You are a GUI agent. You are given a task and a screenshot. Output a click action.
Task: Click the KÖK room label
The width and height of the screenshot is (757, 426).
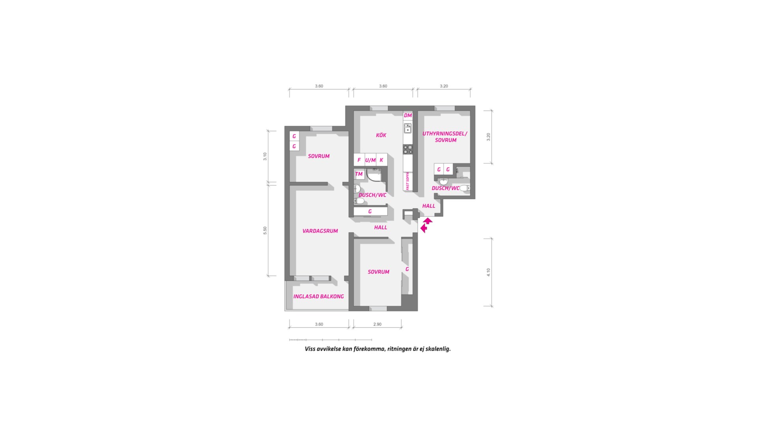[x=381, y=135]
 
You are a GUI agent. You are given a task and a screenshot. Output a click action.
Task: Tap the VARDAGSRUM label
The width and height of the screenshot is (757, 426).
[x=320, y=231]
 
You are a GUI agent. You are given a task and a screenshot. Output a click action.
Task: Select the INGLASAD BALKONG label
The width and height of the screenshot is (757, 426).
[x=319, y=297]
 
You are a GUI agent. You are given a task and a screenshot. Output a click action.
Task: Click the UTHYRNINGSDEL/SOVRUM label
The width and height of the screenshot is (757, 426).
[x=445, y=137]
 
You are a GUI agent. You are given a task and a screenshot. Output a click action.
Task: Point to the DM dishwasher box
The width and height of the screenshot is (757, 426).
[x=408, y=116]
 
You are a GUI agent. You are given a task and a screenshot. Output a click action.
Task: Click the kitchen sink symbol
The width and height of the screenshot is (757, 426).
[x=408, y=128]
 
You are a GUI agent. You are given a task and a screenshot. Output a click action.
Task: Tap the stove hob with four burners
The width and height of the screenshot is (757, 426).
[x=408, y=149]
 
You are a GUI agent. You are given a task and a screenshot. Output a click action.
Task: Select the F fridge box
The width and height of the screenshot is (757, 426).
[x=359, y=160]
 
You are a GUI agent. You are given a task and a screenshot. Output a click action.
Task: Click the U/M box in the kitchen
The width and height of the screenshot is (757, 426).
[x=370, y=160]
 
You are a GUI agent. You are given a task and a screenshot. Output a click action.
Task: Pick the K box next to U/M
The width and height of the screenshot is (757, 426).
[x=381, y=160]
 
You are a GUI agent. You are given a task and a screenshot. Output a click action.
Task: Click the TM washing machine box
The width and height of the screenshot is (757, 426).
[x=359, y=174]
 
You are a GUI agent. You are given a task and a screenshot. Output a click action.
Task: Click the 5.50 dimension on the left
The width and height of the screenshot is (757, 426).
[x=265, y=230]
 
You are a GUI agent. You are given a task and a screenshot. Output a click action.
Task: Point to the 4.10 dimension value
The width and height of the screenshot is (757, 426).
[x=489, y=272]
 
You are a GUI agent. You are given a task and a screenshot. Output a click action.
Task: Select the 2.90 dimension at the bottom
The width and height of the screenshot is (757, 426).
[x=377, y=324]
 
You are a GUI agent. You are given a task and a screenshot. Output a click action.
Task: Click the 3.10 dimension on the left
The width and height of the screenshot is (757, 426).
[x=265, y=156]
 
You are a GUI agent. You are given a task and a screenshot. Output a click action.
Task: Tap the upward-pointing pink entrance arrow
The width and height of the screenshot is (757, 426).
[x=428, y=221]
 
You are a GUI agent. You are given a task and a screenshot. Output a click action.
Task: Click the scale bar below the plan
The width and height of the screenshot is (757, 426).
[x=330, y=340]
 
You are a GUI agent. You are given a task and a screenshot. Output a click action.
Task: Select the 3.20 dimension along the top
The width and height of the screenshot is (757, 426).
[x=444, y=86]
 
